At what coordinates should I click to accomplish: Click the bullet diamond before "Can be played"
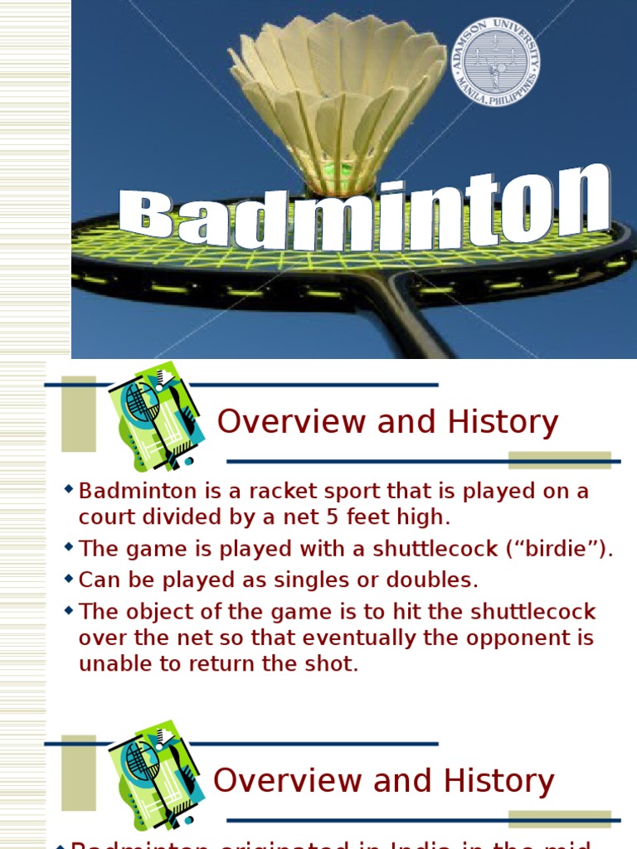[x=69, y=577]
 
